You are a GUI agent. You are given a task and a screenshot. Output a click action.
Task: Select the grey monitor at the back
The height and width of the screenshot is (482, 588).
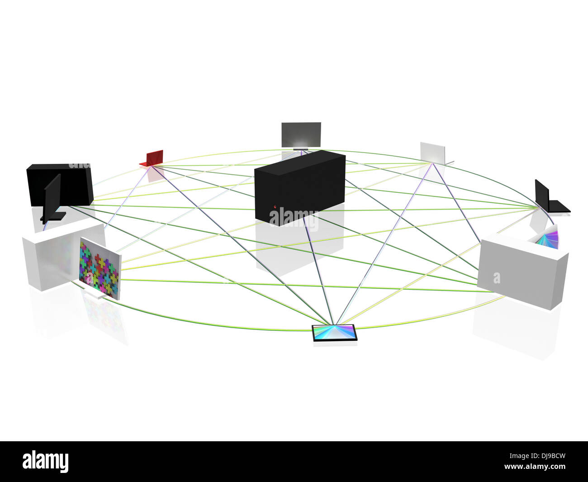301,134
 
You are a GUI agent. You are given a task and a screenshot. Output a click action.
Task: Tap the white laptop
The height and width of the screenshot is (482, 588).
433,153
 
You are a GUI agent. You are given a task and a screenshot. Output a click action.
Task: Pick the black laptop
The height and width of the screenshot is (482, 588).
551,199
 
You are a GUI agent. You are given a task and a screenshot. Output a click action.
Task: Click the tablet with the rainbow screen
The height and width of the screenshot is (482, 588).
335,333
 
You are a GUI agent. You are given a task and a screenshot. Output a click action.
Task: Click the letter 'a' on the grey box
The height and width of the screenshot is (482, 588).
497,278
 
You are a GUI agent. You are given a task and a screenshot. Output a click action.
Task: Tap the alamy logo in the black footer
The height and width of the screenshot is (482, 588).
45,462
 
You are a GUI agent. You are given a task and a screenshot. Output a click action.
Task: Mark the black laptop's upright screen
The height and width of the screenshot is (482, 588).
541,195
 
